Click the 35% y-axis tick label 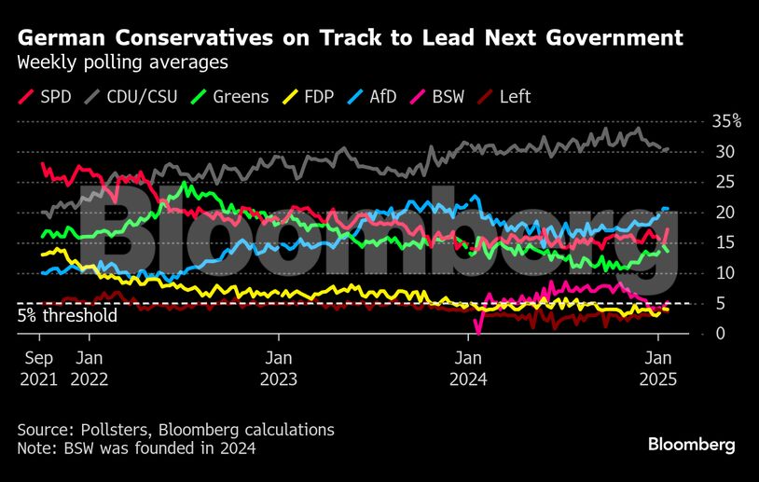click(x=724, y=121)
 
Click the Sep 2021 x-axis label click(x=39, y=369)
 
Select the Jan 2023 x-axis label click(x=278, y=369)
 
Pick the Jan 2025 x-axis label click(x=660, y=369)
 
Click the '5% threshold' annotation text click(x=67, y=316)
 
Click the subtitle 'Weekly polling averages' click(x=122, y=63)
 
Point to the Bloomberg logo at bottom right click(x=692, y=444)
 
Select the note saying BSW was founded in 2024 click(x=136, y=448)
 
